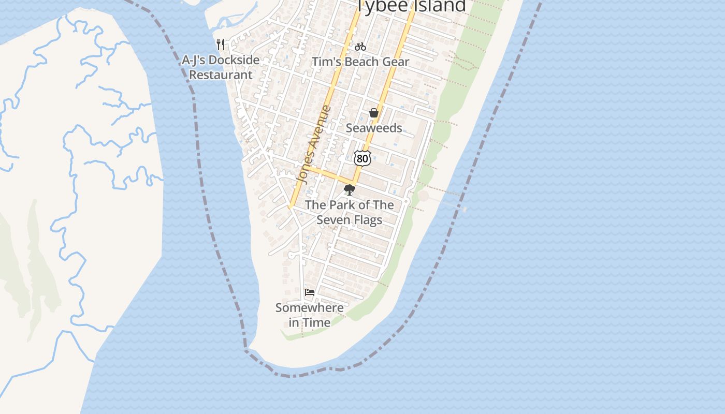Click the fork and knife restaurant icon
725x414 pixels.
(x=221, y=45)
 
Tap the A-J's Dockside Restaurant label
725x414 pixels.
(x=221, y=67)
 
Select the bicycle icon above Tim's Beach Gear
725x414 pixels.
(x=360, y=47)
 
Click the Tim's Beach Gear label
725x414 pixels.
(x=360, y=62)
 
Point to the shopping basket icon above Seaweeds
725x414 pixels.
(x=374, y=113)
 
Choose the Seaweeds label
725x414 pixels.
(x=374, y=128)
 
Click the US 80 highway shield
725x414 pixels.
(x=363, y=158)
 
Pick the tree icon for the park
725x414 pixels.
(x=350, y=190)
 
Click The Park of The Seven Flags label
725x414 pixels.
(x=350, y=212)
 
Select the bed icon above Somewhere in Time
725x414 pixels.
(x=310, y=292)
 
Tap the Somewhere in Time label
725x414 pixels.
(x=310, y=315)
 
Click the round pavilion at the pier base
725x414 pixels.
(x=423, y=196)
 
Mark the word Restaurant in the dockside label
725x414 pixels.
(x=221, y=75)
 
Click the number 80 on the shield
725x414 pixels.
(x=363, y=158)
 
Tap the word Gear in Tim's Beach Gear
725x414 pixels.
(x=396, y=62)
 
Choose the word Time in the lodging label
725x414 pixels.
(x=317, y=322)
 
